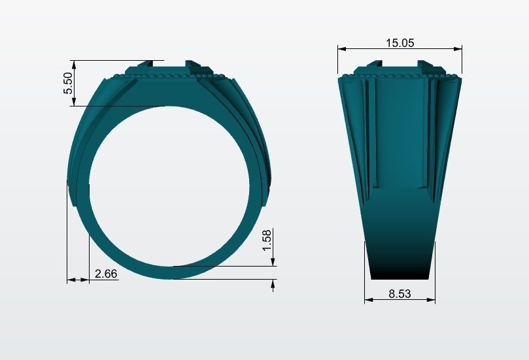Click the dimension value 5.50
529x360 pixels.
(68, 83)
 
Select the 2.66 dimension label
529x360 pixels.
(106, 274)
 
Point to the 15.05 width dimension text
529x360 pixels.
(400, 43)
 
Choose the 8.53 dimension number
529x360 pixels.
(400, 294)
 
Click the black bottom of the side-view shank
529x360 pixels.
(400, 268)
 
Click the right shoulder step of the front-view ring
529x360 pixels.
(267, 196)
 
